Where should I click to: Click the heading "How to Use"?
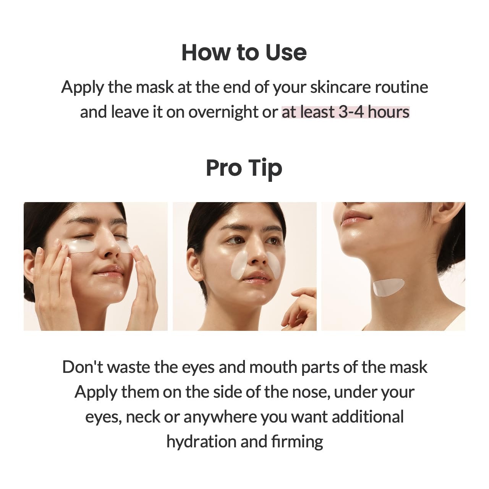point(244,52)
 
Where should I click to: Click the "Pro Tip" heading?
point(244,168)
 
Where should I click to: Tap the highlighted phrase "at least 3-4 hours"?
point(345,112)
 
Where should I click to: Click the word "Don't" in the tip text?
point(83,367)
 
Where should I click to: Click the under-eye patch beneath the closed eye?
point(81,245)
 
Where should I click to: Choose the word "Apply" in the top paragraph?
point(83,87)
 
